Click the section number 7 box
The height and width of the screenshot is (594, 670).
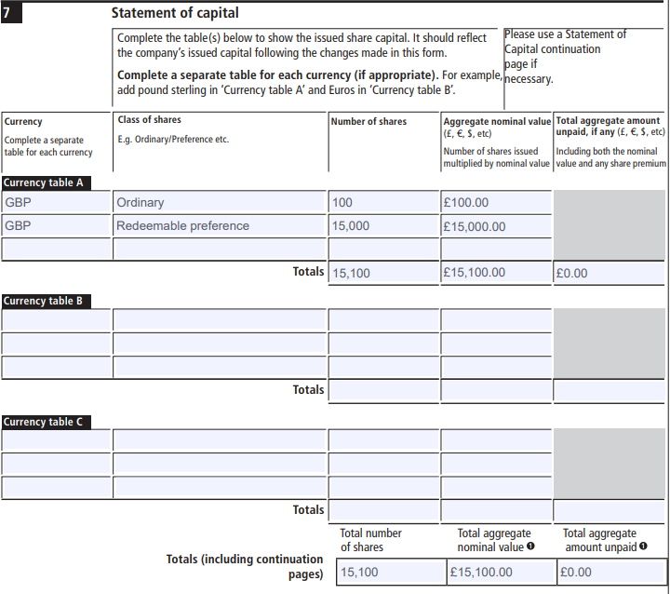point(12,13)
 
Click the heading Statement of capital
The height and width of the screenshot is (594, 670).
point(174,13)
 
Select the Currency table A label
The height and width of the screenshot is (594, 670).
point(44,182)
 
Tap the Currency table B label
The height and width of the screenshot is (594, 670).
point(44,301)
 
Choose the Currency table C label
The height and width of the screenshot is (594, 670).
point(44,422)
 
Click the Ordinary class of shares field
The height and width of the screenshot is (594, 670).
point(220,203)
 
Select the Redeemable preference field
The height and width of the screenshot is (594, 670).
point(220,225)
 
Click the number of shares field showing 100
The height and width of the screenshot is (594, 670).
point(383,203)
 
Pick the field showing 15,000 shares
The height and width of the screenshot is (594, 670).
point(383,225)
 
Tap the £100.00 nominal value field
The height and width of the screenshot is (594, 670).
point(496,203)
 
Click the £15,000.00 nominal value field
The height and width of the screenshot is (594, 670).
point(496,225)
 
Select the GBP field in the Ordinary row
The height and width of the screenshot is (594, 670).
point(56,203)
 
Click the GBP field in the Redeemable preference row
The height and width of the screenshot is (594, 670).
point(56,225)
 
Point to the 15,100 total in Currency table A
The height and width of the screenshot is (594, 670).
point(383,273)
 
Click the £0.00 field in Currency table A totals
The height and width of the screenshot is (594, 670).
point(610,273)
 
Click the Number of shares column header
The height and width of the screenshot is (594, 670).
point(369,121)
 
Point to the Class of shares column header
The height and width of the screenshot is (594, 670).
point(150,120)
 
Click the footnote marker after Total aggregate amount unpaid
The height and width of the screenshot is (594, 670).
point(643,547)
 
